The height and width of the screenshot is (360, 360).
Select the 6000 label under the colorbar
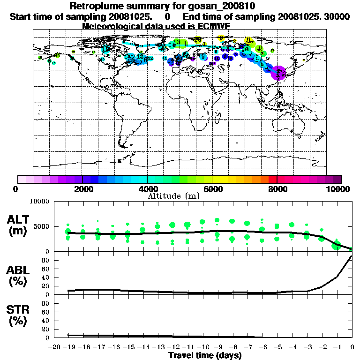coord(212,189)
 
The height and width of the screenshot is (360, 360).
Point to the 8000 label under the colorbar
coord(277,189)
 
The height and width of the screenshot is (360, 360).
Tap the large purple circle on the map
coord(278,73)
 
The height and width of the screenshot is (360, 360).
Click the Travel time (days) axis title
coord(205,355)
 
